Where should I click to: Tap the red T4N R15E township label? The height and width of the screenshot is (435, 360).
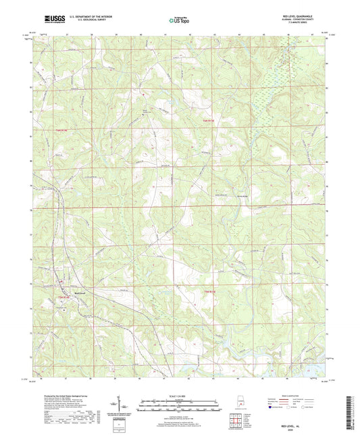click(x=209, y=121)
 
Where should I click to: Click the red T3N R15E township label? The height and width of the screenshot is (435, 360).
click(x=209, y=292)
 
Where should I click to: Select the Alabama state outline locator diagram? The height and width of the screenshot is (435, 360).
click(x=239, y=403)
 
